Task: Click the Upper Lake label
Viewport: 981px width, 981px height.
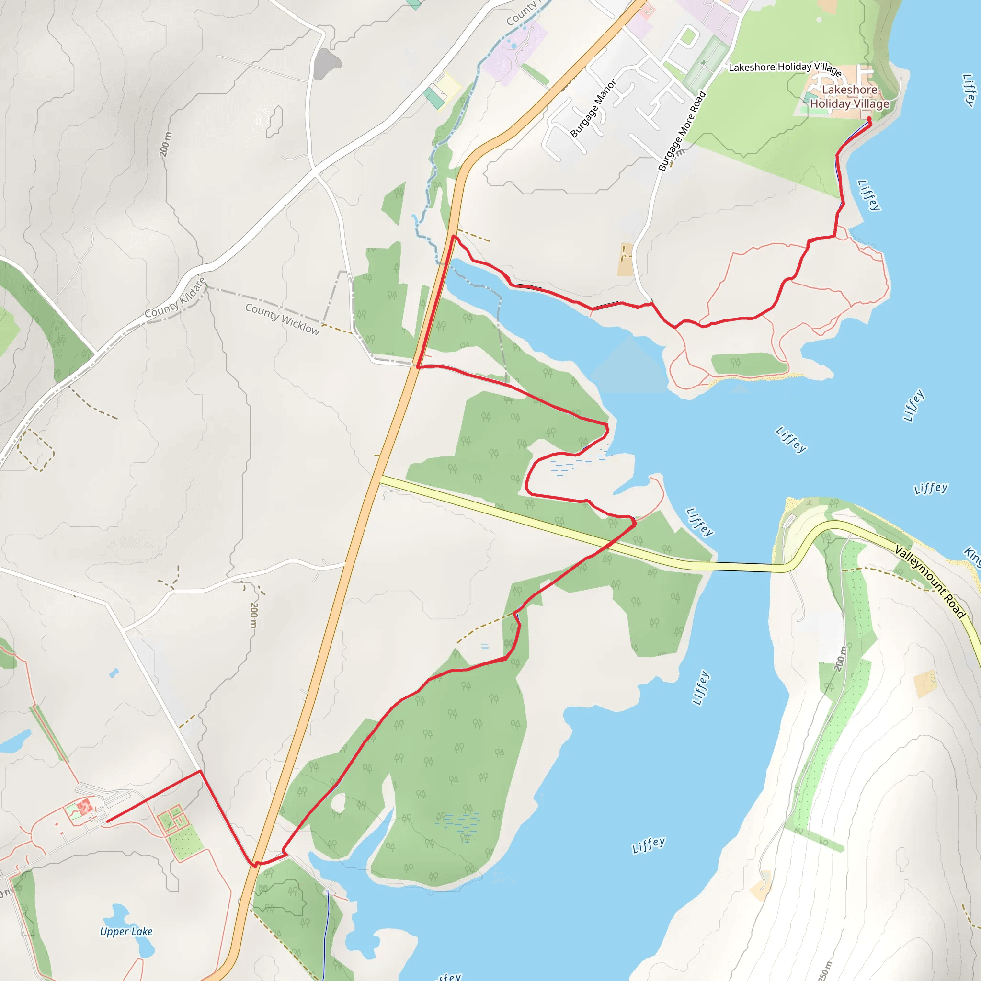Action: tap(126, 931)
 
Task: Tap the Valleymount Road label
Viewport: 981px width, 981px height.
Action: tap(929, 582)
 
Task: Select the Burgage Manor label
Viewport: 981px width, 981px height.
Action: tap(593, 108)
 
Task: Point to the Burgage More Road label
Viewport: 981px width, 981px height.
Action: tap(682, 131)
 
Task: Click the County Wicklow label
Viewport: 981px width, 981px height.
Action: tap(282, 319)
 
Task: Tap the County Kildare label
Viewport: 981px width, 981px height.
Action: tap(176, 298)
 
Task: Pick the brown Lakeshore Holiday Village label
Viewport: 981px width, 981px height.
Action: tap(849, 96)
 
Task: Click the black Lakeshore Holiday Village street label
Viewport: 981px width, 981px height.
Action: tap(785, 68)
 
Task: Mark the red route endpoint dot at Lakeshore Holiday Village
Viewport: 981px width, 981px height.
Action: tap(869, 119)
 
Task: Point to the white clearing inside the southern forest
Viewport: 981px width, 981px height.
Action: tap(338, 802)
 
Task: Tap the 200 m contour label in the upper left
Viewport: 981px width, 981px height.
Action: tap(165, 145)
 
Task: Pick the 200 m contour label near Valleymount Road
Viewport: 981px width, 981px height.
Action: tap(840, 658)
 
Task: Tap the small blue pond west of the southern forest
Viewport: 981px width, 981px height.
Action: tap(114, 673)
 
